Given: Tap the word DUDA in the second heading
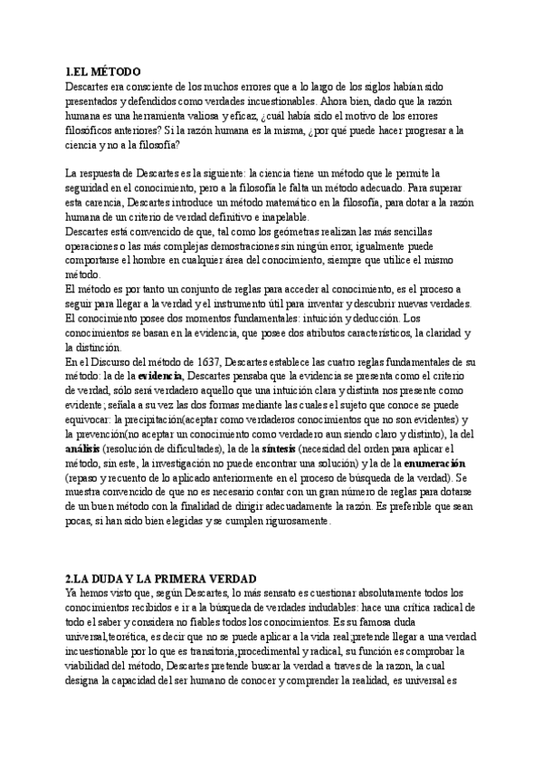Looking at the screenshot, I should coord(109,578).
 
